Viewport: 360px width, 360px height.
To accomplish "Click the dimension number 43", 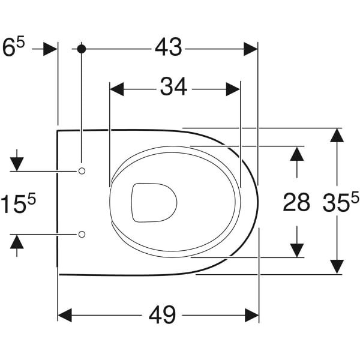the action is [x=168, y=47].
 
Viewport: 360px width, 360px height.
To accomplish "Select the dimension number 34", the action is [x=173, y=87].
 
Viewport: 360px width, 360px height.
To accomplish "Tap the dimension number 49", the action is [x=162, y=315].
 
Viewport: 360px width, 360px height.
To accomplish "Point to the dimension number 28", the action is [x=296, y=202].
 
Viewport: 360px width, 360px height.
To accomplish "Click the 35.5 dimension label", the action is [x=341, y=201].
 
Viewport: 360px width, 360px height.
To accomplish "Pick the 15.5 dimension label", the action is [x=19, y=203].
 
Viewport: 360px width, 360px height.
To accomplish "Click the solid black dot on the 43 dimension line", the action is [x=81, y=49].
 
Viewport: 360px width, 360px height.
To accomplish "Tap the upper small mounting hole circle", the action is [x=82, y=171].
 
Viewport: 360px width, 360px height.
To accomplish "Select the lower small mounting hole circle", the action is [x=82, y=234].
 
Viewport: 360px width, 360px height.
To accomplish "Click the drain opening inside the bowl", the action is [x=154, y=203].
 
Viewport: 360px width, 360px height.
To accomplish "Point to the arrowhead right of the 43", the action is [x=250, y=49].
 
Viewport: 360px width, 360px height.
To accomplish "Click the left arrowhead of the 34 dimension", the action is [x=117, y=89].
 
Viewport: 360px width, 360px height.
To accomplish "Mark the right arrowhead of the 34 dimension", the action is [x=233, y=89].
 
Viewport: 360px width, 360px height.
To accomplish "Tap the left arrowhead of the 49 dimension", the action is [x=65, y=315].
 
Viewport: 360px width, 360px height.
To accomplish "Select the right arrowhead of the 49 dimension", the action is [x=252, y=315].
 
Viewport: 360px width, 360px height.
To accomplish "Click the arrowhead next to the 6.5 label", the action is [x=50, y=49].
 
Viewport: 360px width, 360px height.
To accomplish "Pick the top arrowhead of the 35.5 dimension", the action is [x=337, y=135].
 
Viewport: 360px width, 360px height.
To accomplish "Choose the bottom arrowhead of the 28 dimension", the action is [x=297, y=250].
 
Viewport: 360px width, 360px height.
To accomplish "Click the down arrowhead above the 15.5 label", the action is [x=17, y=164].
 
